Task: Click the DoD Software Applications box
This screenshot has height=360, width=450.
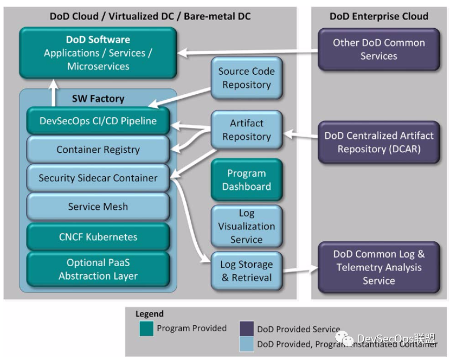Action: [x=98, y=53]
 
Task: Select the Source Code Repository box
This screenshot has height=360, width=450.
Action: [x=246, y=78]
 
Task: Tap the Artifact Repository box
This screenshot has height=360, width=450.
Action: [x=246, y=130]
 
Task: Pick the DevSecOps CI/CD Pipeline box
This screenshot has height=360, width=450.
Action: [x=98, y=121]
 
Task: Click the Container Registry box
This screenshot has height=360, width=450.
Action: [x=98, y=150]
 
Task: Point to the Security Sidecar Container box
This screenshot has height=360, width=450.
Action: [x=98, y=178]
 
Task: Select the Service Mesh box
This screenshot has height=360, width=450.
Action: [x=98, y=207]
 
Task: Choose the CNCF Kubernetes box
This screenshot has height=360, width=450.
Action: [x=98, y=237]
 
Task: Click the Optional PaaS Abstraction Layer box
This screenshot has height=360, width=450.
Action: [x=98, y=269]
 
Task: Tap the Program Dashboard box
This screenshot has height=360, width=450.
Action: [x=246, y=180]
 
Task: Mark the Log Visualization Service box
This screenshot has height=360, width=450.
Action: [x=246, y=226]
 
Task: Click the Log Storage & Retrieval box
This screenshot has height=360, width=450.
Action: [x=246, y=271]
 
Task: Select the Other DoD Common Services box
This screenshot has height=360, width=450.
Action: [x=378, y=49]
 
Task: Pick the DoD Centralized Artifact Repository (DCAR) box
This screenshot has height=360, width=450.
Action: [x=378, y=142]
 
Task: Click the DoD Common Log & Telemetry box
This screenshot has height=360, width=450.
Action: [x=378, y=267]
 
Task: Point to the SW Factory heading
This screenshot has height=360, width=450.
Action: [x=98, y=99]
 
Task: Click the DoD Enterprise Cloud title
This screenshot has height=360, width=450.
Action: [x=378, y=16]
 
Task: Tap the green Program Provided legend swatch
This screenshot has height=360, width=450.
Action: [x=146, y=329]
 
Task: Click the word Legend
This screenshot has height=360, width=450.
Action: [x=149, y=314]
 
